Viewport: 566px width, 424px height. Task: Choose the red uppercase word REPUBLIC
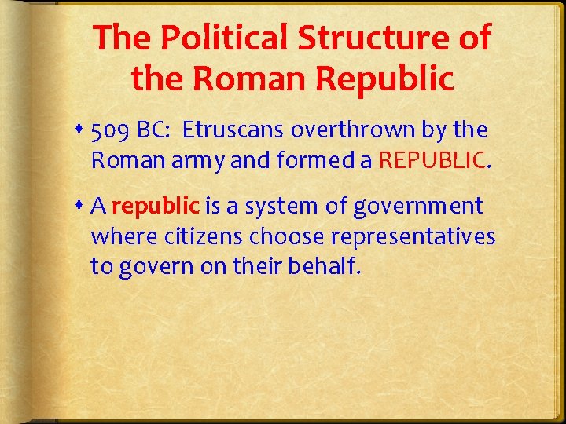(432, 160)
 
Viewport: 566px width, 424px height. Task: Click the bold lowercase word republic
(156, 206)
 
